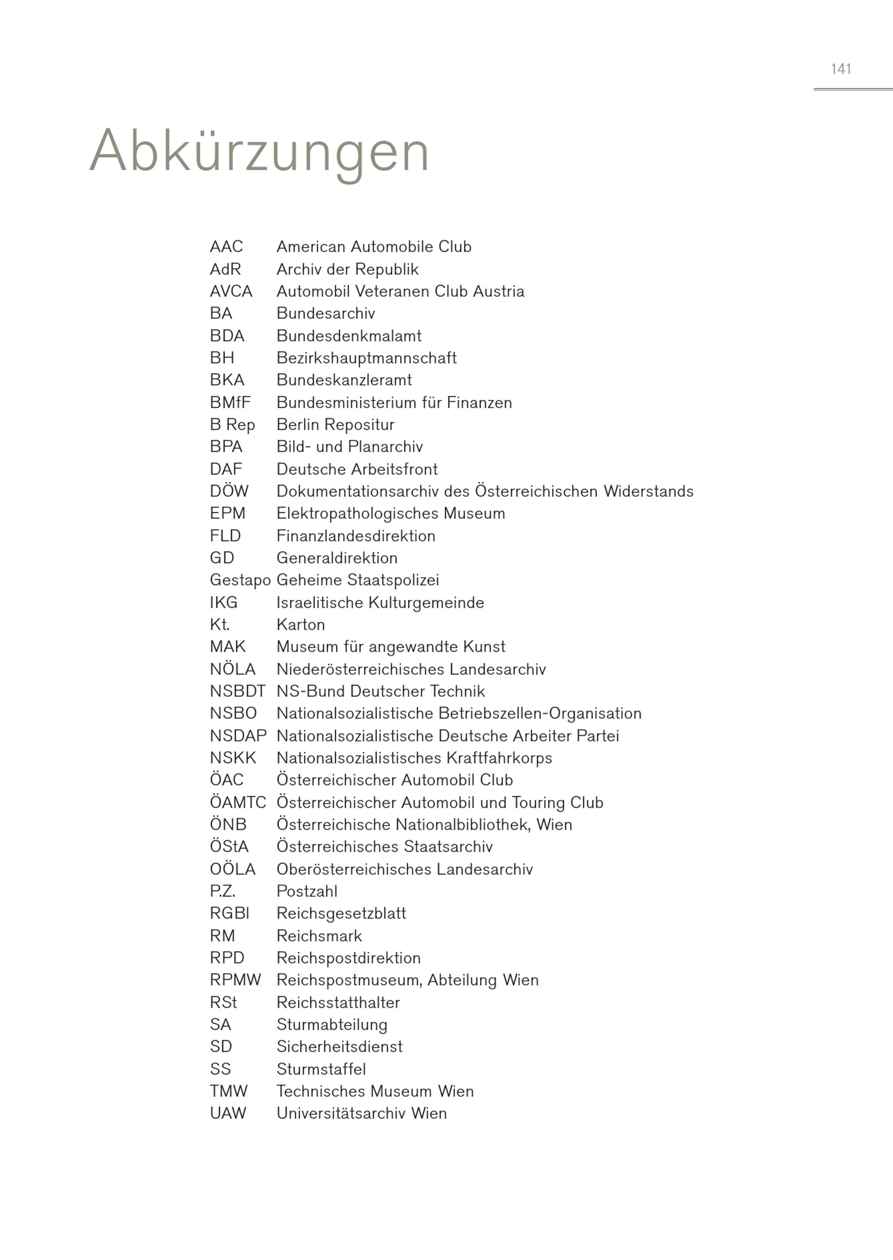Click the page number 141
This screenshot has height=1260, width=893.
point(841,69)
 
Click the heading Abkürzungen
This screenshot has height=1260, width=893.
point(259,152)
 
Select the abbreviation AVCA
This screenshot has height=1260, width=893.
point(231,291)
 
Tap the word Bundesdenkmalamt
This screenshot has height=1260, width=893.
point(349,336)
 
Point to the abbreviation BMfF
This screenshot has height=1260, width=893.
point(230,403)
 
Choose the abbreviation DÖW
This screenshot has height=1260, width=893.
point(229,491)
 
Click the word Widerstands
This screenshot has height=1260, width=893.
point(648,491)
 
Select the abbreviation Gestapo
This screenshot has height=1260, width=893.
point(240,580)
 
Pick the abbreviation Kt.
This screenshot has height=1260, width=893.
point(219,624)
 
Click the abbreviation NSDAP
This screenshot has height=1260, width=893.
point(238,736)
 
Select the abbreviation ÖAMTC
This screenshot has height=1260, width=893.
point(238,803)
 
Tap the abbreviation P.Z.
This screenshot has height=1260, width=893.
point(222,891)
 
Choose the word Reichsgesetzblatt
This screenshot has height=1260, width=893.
point(341,914)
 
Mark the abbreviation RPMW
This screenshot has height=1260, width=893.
point(235,980)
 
